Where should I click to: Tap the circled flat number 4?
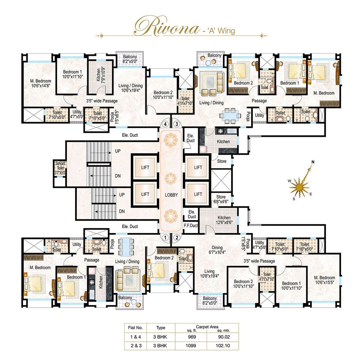tap(166, 123)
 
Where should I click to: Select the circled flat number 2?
tap(177, 237)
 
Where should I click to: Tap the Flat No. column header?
tap(134, 327)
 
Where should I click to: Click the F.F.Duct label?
tap(191, 226)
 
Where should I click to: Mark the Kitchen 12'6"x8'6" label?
tap(224, 220)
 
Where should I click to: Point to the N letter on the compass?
tap(313, 162)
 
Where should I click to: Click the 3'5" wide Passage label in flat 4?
tap(102, 100)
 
